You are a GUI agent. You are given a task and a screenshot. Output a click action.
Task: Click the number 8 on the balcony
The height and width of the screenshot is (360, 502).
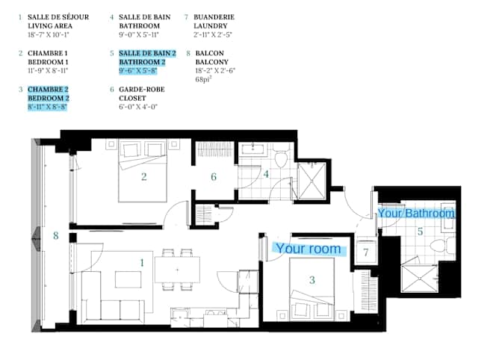[56, 236]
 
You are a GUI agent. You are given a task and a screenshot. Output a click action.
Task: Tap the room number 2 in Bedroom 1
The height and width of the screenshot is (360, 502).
[143, 177]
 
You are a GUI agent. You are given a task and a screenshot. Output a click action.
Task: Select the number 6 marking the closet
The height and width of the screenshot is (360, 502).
[214, 177]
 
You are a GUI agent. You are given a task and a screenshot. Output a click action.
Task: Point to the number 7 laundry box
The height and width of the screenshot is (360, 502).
[366, 252]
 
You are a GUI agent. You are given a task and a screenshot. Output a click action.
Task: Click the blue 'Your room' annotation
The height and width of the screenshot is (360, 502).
[309, 249]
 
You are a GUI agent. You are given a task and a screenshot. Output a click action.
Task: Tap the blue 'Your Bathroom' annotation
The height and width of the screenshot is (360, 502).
[416, 213]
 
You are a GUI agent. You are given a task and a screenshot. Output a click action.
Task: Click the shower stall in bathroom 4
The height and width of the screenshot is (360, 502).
[312, 181]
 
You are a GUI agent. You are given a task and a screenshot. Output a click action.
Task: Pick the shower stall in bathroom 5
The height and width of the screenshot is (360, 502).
[420, 278]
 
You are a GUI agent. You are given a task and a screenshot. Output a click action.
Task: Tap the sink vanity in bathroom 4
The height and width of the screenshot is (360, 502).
[252, 149]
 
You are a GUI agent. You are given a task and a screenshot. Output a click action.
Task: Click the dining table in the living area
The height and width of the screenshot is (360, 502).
[177, 270]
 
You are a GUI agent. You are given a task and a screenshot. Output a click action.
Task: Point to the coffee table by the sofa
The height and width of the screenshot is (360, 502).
[128, 280]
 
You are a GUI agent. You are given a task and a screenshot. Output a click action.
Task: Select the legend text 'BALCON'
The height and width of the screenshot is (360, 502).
[209, 53]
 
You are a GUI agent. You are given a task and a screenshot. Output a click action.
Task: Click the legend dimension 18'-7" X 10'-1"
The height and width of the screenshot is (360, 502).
[49, 34]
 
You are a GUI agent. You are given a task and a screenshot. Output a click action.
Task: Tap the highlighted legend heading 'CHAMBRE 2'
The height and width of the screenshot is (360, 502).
[48, 90]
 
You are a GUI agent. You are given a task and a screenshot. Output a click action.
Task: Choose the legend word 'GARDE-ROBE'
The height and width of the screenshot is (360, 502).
[141, 90]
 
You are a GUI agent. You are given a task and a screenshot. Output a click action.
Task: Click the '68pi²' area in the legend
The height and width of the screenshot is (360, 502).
[204, 79]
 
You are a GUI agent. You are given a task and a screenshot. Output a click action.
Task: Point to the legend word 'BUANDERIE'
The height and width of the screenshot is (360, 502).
[214, 17]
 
